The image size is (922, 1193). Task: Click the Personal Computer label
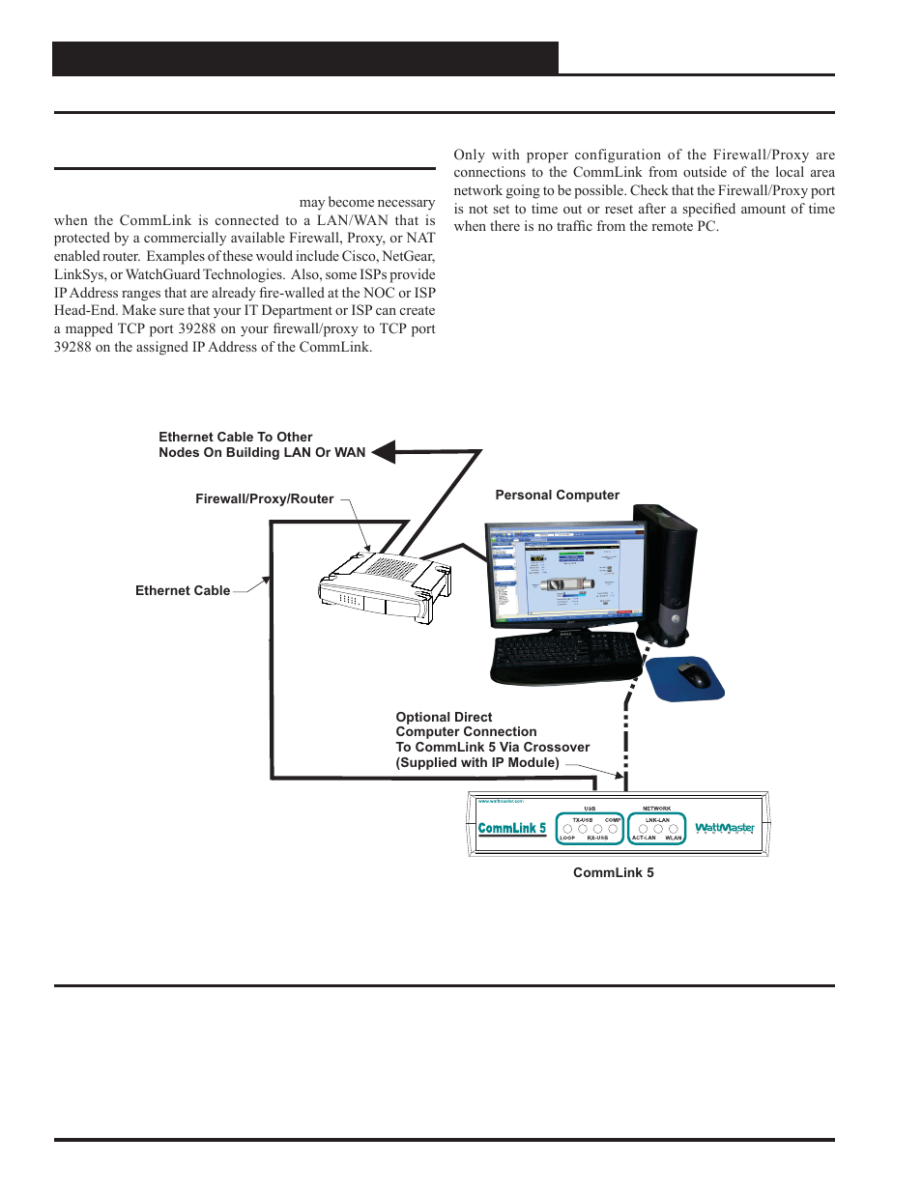(x=557, y=495)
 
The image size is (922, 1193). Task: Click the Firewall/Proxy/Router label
(x=264, y=499)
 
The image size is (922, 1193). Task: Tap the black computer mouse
(x=693, y=674)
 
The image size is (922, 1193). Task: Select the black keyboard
(x=566, y=658)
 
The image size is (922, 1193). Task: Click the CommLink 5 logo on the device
(x=512, y=828)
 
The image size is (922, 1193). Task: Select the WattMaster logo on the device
(x=725, y=828)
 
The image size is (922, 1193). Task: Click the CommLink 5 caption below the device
(x=613, y=872)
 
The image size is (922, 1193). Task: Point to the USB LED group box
(x=590, y=828)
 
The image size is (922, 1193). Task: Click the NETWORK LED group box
(x=657, y=828)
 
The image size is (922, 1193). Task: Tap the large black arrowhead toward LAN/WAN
(x=385, y=451)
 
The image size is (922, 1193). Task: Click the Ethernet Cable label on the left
(x=183, y=590)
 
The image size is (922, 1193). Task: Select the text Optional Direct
(x=444, y=717)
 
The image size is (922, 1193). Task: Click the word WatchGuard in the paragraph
(x=162, y=274)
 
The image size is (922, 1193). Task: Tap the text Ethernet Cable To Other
(x=235, y=437)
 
